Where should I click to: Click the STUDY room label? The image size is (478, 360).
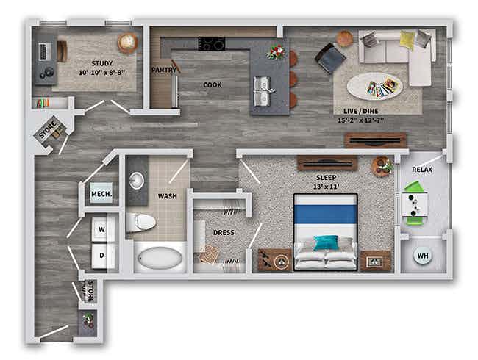coord(102,63)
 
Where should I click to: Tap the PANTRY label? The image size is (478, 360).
coord(163,70)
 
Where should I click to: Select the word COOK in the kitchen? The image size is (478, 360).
coord(213,84)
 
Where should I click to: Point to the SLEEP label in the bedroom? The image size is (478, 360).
coord(327,177)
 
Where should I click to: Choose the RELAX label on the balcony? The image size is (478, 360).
coord(422,170)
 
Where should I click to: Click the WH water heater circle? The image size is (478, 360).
coord(423,256)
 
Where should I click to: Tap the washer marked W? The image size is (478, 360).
coord(102,229)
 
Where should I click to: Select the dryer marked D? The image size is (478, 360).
coord(102,255)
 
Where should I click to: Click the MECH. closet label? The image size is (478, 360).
coord(101,195)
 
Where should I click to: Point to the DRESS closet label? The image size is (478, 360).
coord(224,233)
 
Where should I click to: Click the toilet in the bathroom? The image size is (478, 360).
coord(140,221)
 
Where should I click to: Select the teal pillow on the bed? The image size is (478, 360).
coord(326,242)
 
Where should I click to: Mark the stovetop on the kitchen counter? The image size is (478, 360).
coord(213,44)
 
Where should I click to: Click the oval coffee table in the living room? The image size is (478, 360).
coord(375,87)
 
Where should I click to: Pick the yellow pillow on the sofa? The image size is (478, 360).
coord(407,40)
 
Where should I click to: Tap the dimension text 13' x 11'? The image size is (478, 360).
coord(326,186)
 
